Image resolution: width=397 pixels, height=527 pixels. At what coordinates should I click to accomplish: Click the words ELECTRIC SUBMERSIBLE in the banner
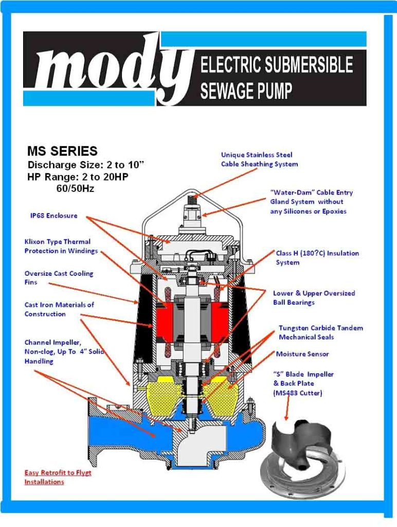pos(276,65)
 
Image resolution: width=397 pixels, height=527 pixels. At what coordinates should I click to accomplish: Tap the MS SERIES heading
pos(62,151)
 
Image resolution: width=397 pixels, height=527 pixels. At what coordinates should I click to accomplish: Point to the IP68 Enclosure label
pos(53,216)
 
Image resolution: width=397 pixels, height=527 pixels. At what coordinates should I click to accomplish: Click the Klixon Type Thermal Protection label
pos(61,246)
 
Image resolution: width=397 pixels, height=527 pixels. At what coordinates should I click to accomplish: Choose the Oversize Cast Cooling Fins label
pos(59,278)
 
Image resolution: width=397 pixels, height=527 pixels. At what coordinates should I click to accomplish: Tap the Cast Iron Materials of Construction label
pos(59,309)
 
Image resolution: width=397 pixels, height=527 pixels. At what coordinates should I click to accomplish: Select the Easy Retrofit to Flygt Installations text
pos(58,477)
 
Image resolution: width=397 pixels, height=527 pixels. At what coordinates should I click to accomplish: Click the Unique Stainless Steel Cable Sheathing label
pos(259,160)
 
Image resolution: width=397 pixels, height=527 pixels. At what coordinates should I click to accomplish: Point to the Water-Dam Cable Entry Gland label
pos(311,202)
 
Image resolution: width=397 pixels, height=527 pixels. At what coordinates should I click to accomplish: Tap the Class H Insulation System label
pos(317,258)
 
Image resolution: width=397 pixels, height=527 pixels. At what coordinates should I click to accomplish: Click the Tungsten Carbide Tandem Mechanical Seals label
pos(320,332)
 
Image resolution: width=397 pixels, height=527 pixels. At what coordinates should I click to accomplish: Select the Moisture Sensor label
pos(302,354)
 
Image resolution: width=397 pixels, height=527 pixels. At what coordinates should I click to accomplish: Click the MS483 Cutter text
pos(297,393)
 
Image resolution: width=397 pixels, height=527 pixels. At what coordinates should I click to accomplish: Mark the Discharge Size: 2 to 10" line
pos(86,165)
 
